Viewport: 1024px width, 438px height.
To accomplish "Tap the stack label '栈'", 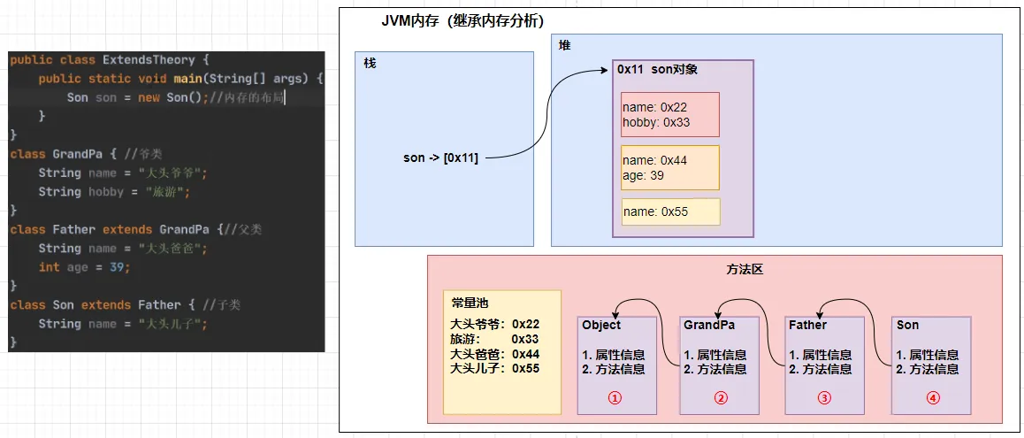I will [x=370, y=64].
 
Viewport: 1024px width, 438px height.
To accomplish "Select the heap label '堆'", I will [x=564, y=45].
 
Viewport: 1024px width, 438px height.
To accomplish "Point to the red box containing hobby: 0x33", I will [x=669, y=115].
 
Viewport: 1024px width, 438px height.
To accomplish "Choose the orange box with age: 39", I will [x=669, y=168].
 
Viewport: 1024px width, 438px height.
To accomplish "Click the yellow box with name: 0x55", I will [x=669, y=211].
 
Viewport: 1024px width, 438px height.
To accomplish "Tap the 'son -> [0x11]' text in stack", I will [x=440, y=158].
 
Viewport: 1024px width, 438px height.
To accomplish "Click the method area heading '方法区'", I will [x=715, y=268].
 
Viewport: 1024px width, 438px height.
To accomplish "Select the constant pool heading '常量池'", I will [x=470, y=301].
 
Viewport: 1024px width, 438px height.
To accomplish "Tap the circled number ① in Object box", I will [x=615, y=398].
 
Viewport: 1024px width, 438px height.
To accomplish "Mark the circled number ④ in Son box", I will [x=931, y=398].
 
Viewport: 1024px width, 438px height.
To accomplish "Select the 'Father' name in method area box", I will [x=808, y=325].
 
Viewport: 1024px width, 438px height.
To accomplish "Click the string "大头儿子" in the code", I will [x=173, y=324].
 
